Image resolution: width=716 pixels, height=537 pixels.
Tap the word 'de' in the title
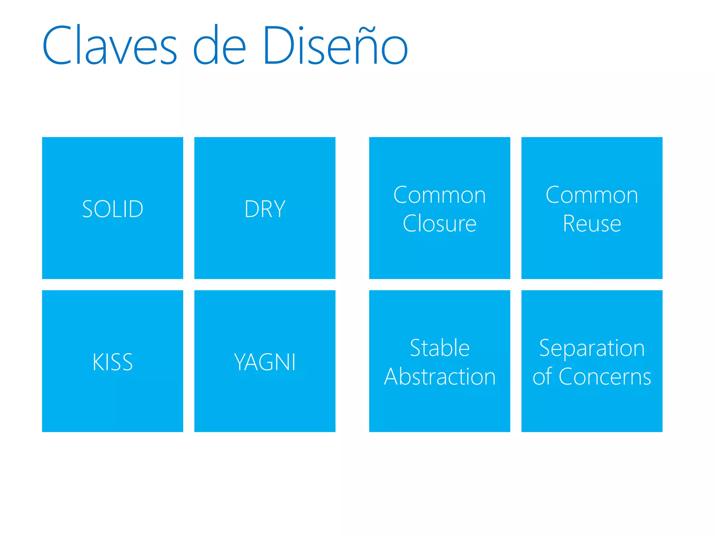[x=220, y=45]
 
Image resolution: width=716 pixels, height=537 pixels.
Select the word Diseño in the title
[x=335, y=45]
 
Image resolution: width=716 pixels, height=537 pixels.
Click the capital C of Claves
[x=57, y=45]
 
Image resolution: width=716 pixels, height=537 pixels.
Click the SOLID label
[x=113, y=209]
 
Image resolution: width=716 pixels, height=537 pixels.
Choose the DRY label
[x=265, y=209]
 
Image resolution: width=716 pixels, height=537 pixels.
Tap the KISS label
[x=113, y=362]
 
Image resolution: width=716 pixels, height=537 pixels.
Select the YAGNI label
[x=265, y=362]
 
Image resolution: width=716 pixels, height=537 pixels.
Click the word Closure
[x=439, y=223]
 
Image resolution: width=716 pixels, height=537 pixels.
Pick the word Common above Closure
[x=439, y=195]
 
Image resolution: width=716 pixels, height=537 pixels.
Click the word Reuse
[x=592, y=223]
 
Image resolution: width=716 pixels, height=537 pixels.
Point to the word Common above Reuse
[x=592, y=195]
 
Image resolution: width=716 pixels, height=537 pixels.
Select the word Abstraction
[x=439, y=377]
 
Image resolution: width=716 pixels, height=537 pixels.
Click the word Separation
[x=592, y=349]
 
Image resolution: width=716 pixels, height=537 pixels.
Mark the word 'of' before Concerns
[x=542, y=377]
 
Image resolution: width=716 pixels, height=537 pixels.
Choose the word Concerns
[x=605, y=377]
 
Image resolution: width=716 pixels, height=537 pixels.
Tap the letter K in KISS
[x=98, y=362]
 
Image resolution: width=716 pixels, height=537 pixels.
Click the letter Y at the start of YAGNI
[x=241, y=362]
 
